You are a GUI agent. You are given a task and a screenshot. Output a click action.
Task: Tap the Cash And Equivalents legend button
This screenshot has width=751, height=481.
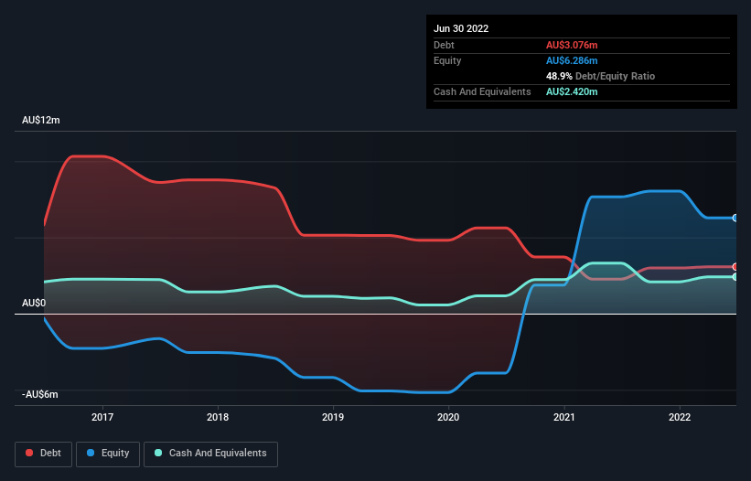pos(210,453)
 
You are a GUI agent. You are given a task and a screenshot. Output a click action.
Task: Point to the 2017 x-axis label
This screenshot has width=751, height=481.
pos(102,417)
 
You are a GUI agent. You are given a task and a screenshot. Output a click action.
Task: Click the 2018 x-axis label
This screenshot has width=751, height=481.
pos(218,417)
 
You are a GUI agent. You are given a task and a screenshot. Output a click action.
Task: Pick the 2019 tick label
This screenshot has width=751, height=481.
pos(333,417)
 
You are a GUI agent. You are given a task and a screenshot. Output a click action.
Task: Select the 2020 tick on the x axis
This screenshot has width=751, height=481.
pos(448,417)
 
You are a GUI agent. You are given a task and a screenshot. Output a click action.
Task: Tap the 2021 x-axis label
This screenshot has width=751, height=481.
pos(564,417)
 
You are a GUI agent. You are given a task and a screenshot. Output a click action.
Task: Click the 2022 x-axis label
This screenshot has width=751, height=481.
pos(680,417)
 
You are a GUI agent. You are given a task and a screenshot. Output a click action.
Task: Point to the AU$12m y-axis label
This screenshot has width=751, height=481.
pos(41,121)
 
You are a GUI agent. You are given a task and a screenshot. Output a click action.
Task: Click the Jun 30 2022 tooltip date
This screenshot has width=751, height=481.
pos(461,28)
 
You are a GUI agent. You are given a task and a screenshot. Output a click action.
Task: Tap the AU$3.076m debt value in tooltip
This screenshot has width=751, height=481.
pos(574,45)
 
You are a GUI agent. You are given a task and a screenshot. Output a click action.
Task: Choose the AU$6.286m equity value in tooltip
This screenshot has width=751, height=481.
pos(574,60)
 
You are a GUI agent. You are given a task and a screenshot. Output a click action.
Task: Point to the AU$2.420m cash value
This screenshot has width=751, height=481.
pos(574,91)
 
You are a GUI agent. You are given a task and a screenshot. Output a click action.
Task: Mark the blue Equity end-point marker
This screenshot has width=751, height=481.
pos(735,218)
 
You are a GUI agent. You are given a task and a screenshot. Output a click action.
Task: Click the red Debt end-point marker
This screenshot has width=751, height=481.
pos(735,266)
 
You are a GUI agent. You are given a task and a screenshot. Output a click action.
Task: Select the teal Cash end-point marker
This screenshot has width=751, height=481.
pos(735,276)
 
